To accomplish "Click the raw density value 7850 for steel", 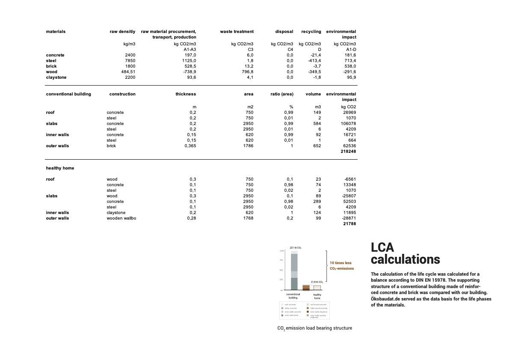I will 130,61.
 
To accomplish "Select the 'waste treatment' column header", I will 237,32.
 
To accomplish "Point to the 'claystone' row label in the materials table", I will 56,77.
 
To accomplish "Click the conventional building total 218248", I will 347,152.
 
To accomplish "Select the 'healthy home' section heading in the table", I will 60,168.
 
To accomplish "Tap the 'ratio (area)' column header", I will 282,94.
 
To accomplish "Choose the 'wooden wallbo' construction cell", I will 121,218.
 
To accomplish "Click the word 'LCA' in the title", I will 382,247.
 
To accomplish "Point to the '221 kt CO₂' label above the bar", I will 296,247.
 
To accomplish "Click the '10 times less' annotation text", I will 340,263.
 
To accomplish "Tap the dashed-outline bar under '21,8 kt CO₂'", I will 317,288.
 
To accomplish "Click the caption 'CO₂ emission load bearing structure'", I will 314,328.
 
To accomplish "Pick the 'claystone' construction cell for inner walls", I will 116,213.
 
